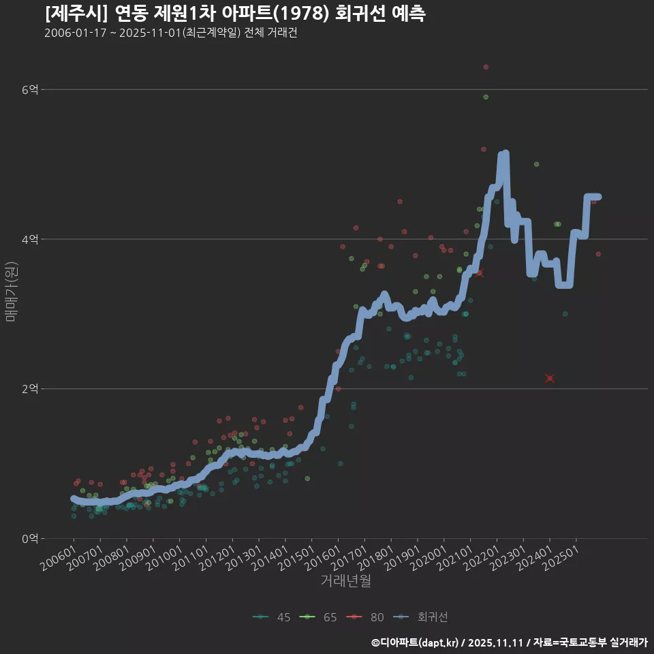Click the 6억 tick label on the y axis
point(30,89)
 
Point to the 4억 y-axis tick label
point(30,239)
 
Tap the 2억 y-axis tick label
point(30,389)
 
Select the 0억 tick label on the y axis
point(30,539)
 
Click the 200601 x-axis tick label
point(58,557)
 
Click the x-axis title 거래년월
point(345,581)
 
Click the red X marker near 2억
point(550,378)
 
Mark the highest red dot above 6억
point(486,67)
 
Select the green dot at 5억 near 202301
point(536,164)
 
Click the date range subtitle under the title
point(170,33)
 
